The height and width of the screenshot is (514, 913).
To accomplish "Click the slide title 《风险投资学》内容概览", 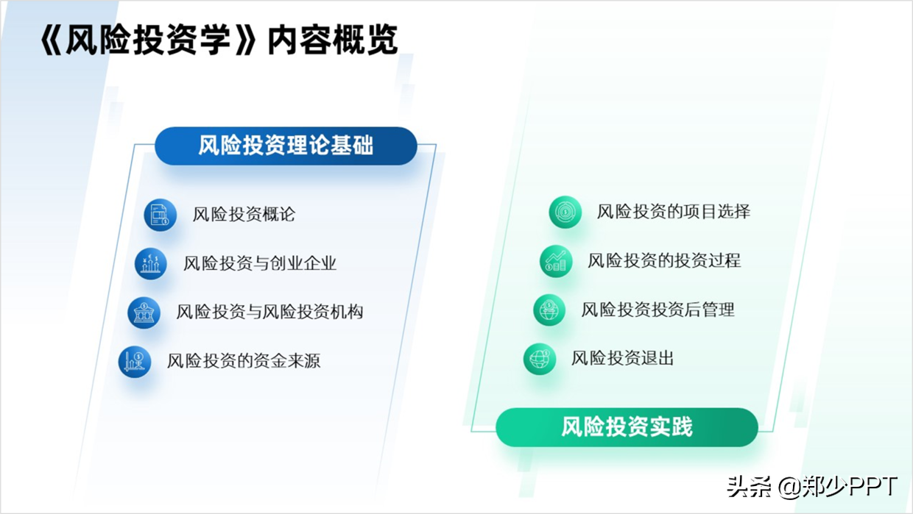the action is [219, 40].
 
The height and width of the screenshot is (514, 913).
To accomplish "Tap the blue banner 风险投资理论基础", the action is [286, 146].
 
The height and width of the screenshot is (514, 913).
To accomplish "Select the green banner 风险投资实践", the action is [627, 427].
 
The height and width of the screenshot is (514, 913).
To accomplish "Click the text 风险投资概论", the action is [244, 215].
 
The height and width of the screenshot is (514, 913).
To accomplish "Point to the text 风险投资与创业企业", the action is [260, 263].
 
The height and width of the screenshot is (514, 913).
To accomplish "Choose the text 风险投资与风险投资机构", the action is [269, 312].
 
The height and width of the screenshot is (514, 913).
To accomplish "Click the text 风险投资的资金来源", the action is [243, 361].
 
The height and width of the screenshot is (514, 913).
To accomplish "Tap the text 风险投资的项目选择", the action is [673, 212].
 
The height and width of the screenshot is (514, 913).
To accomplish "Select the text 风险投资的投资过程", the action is [664, 261].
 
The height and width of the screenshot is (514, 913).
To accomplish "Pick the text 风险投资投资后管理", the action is [658, 310].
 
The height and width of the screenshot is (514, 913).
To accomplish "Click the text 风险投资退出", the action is [622, 359].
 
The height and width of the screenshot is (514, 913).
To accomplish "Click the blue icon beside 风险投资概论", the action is [161, 215].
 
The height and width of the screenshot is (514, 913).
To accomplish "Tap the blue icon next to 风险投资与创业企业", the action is [151, 264].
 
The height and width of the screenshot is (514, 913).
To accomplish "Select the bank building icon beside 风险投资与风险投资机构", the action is [144, 313].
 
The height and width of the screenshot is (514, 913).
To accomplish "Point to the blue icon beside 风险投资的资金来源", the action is [135, 362].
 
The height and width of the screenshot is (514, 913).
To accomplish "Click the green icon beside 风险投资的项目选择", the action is [565, 212].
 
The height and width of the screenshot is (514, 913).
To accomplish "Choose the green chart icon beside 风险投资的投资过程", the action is [556, 261].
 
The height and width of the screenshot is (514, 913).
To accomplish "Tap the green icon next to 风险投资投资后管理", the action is [549, 310].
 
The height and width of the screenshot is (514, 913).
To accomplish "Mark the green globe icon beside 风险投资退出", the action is [540, 359].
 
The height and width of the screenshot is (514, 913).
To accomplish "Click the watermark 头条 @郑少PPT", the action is [812, 487].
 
